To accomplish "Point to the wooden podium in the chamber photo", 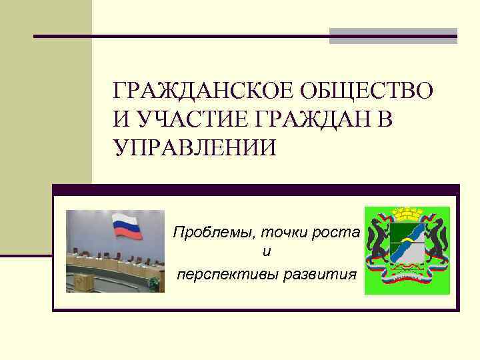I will (85, 281).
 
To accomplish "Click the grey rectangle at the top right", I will (393, 35).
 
